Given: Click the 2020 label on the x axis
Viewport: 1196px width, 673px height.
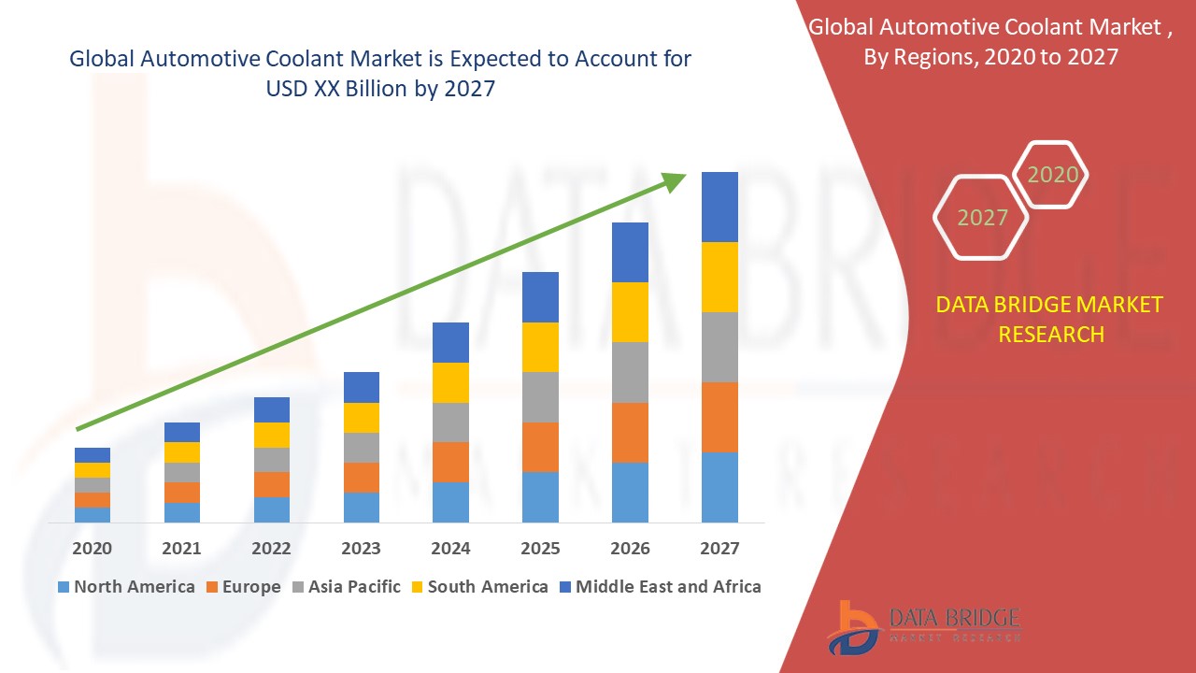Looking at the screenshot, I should pos(92,549).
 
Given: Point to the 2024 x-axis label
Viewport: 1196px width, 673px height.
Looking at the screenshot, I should pos(450,549).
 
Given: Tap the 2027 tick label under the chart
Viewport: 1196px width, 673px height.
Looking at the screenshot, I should pos(719,549).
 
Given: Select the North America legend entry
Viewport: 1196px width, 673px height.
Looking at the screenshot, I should pos(125,587).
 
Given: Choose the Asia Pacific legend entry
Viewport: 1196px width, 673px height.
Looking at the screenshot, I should pos(349,587).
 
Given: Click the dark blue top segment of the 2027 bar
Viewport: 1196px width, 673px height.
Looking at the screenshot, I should pos(719,207).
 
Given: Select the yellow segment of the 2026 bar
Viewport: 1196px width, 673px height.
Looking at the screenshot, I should pos(630,311).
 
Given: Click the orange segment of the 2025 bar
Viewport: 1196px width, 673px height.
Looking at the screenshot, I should pos(540,447).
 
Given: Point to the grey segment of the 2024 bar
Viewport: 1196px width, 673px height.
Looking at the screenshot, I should pos(450,422).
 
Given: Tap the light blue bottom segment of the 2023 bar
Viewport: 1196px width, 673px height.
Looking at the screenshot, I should pos(361,507).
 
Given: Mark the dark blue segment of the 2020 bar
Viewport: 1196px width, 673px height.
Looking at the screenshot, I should pos(92,455).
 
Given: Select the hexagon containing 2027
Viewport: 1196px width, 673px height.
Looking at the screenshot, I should pos(981,218).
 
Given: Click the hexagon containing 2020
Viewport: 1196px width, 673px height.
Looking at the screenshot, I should pos(1051,175).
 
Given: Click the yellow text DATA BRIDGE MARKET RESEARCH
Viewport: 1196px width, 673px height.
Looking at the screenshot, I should pos(1051,320).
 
